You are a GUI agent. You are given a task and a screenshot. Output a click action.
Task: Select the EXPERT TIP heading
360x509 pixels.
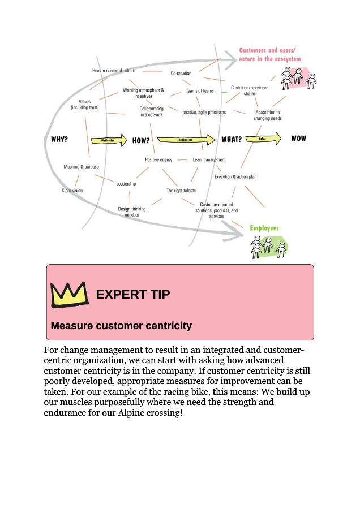(133, 294)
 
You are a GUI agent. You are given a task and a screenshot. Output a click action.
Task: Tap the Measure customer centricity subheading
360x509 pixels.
(121, 326)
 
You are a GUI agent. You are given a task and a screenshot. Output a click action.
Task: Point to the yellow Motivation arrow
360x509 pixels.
(108, 140)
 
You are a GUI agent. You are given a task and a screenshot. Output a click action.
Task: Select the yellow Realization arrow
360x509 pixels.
(186, 140)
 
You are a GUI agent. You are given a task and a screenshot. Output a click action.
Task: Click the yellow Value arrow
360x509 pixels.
(263, 139)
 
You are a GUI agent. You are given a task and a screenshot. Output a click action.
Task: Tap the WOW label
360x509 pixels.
(298, 139)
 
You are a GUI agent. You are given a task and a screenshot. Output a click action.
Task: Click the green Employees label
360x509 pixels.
(264, 228)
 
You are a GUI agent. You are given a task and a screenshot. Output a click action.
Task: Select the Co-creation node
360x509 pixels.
(181, 73)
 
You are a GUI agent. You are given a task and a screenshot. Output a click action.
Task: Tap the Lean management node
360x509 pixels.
(209, 159)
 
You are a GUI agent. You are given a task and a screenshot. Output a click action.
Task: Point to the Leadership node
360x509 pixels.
(126, 183)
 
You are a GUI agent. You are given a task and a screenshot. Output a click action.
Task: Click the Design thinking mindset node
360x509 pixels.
(132, 212)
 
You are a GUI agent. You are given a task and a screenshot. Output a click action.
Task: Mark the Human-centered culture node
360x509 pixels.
(114, 71)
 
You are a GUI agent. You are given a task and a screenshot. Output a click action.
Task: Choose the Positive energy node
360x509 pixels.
(158, 159)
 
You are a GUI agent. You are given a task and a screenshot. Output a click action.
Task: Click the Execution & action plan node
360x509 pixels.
(235, 176)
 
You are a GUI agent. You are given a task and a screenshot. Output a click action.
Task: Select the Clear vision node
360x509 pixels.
(72, 191)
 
